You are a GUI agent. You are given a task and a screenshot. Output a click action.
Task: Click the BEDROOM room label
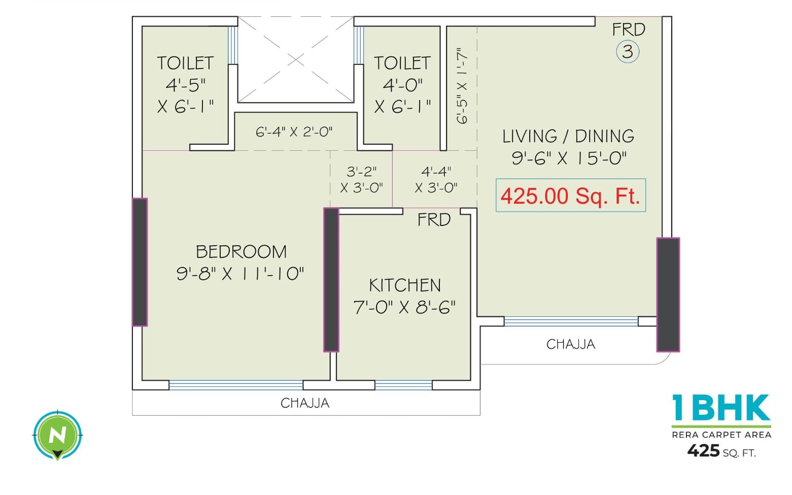(x=241, y=252)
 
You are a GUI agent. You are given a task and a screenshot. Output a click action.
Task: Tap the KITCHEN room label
(x=404, y=285)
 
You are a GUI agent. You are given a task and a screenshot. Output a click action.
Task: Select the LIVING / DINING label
(x=568, y=136)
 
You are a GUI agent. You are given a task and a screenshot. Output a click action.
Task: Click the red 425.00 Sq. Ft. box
(x=570, y=195)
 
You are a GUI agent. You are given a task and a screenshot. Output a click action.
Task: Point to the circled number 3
(x=628, y=52)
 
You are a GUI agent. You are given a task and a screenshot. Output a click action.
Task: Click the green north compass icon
(x=57, y=435)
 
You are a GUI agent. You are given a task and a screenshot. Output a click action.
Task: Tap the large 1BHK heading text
(x=721, y=408)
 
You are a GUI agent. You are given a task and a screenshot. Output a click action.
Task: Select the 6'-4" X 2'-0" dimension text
(x=294, y=132)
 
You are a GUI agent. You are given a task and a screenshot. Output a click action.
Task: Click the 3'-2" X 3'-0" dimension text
(x=361, y=180)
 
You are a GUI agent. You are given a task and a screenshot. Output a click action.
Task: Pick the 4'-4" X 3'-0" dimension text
(x=436, y=180)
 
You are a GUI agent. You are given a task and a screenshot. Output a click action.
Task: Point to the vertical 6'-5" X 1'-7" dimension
(x=462, y=86)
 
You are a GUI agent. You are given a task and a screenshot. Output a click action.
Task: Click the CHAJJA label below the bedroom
(x=305, y=403)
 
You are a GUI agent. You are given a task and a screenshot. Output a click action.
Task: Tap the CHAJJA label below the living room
(x=570, y=344)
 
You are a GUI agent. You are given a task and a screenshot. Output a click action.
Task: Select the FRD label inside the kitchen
(x=434, y=220)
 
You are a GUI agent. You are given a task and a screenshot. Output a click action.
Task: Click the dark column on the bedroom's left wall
(x=140, y=261)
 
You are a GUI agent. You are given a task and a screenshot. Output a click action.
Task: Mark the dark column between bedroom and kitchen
(x=331, y=279)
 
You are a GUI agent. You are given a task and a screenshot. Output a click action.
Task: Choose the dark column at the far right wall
(x=668, y=294)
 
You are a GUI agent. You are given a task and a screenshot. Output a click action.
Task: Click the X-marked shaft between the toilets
(x=296, y=60)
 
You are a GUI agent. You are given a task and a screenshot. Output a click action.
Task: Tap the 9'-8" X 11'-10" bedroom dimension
(x=240, y=274)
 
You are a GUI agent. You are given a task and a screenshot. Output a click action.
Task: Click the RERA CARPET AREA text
(x=721, y=435)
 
